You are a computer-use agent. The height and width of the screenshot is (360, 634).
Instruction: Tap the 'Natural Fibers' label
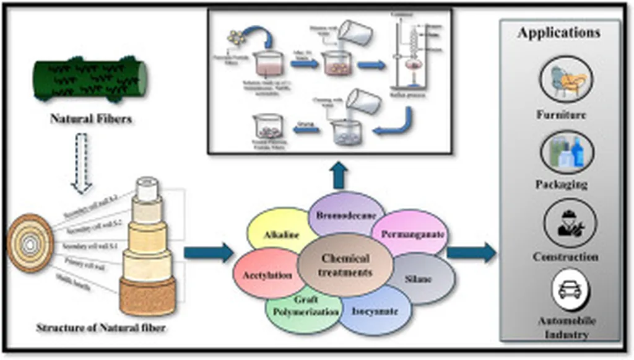click(x=91, y=118)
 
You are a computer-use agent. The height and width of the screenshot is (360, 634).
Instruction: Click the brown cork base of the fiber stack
click(x=147, y=297)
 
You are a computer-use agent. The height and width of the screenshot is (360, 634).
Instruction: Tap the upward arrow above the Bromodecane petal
click(x=339, y=176)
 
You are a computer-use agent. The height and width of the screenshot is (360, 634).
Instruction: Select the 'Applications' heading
click(x=559, y=32)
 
